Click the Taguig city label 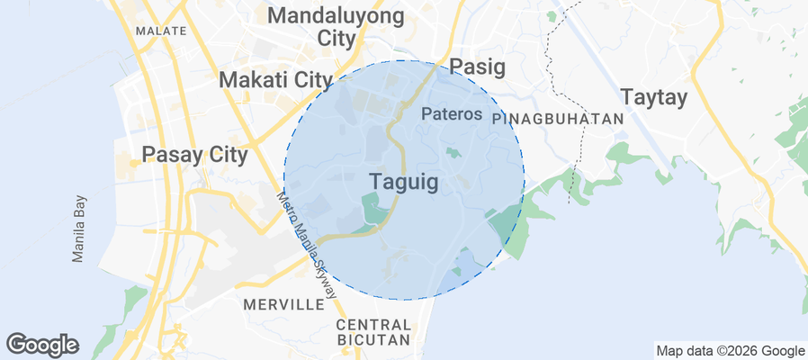(x=403, y=182)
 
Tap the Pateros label (x=452, y=115)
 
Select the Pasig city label (x=477, y=67)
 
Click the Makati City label (x=276, y=80)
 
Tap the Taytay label (x=654, y=98)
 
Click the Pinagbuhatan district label (x=559, y=119)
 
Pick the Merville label (x=283, y=305)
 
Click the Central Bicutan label (x=373, y=332)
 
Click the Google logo (x=42, y=344)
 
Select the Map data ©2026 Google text (x=730, y=351)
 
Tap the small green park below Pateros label (x=453, y=153)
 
